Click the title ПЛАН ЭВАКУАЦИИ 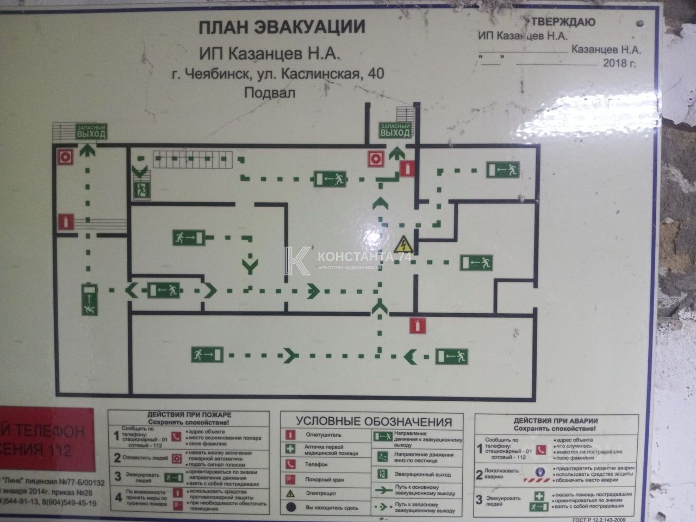tap(281, 27)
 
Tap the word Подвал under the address tap(270, 92)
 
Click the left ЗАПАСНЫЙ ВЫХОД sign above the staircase tap(91, 132)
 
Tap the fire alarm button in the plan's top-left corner tap(66, 157)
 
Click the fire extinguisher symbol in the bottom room tap(418, 326)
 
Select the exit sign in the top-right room tap(503, 170)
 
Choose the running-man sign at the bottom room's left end tap(207, 355)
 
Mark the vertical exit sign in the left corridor tap(90, 300)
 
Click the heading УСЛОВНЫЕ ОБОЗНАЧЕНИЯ tap(374, 422)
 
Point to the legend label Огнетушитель tap(324, 435)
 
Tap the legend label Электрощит tap(321, 494)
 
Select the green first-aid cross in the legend tap(291, 449)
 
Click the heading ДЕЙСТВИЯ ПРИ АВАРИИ tap(556, 421)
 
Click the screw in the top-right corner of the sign tap(641, 24)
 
